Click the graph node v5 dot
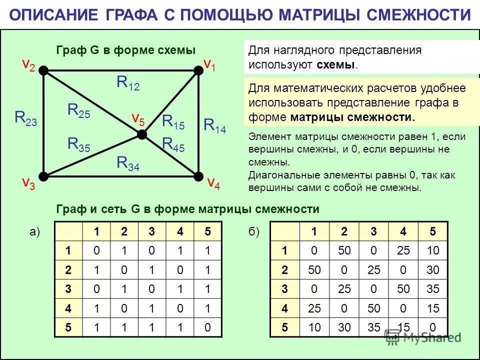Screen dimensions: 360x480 click(x=142, y=134)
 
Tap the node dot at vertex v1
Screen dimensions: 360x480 click(x=198, y=70)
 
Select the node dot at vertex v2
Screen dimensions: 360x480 click(x=43, y=70)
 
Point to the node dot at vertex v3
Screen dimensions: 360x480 click(x=43, y=175)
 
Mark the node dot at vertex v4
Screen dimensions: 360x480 click(x=198, y=175)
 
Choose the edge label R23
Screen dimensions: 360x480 click(x=25, y=118)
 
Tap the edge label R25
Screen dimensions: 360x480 click(x=79, y=110)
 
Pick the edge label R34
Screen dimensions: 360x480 click(x=128, y=163)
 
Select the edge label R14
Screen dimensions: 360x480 click(x=214, y=125)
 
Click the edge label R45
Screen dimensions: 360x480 click(x=173, y=144)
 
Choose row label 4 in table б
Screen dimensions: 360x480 click(x=284, y=308)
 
